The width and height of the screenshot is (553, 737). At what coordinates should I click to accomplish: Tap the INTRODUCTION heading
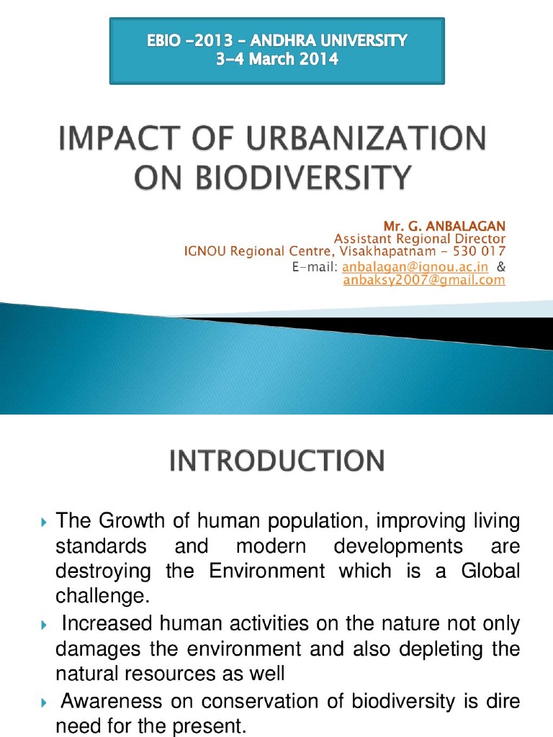tap(276, 461)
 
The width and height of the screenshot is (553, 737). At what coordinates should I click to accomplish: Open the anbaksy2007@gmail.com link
tap(424, 280)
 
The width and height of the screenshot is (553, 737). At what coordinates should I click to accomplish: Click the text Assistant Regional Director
tap(419, 238)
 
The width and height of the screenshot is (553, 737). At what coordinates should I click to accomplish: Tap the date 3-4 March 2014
tap(276, 59)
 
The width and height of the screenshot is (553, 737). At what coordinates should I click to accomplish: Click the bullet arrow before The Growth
tap(44, 520)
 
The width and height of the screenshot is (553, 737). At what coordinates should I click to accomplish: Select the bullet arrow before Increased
tap(44, 624)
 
